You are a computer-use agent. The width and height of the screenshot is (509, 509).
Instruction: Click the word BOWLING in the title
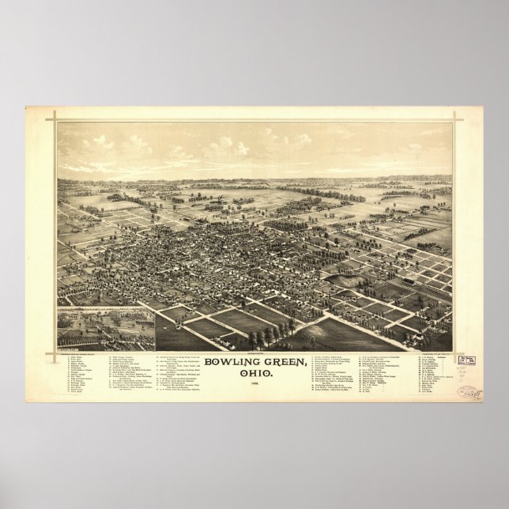coord(232,362)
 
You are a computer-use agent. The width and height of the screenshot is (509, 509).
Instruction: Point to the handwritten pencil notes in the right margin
coord(466,375)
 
